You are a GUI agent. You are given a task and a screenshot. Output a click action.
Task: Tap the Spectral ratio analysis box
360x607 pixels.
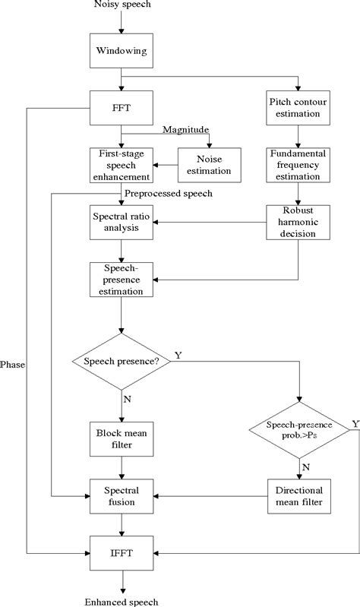pyautogui.click(x=122, y=221)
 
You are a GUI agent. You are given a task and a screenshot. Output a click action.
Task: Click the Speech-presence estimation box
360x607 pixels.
pyautogui.click(x=122, y=280)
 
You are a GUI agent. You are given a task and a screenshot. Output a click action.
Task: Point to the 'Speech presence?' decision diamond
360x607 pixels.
pyautogui.click(x=122, y=362)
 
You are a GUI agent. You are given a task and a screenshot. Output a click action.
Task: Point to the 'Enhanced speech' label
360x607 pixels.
pyautogui.click(x=122, y=601)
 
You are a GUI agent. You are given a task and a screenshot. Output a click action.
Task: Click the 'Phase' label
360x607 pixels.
pyautogui.click(x=13, y=365)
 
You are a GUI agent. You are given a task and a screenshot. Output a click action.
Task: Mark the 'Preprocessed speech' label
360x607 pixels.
pyautogui.click(x=169, y=193)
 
